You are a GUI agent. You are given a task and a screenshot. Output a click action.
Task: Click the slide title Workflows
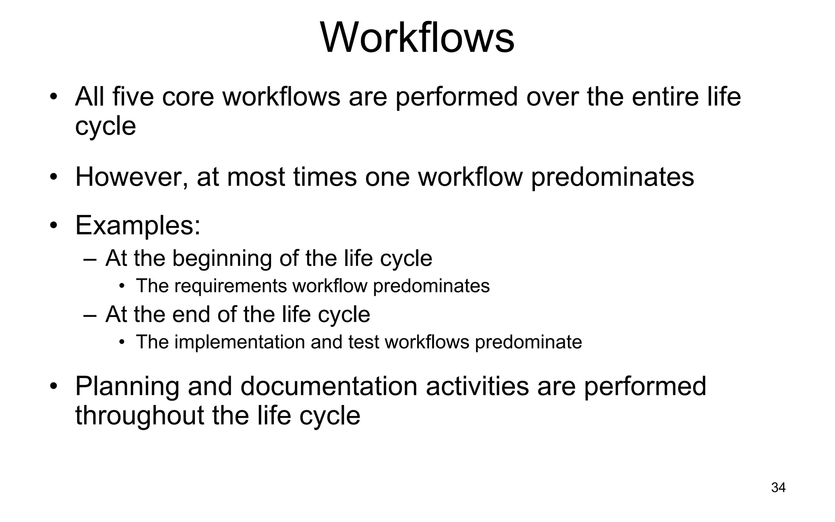(x=417, y=38)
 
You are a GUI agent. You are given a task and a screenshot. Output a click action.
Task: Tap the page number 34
(x=778, y=487)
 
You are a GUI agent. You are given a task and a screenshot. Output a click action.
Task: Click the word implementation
(x=240, y=342)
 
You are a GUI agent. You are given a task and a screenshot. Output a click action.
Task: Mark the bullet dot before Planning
(x=53, y=386)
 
